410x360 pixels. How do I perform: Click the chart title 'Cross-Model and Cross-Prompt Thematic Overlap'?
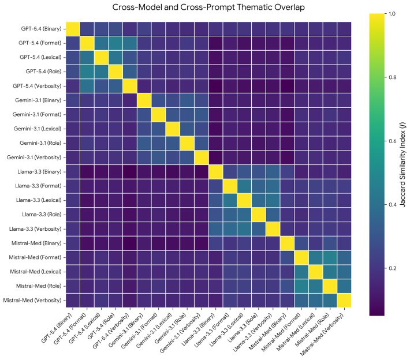(208, 7)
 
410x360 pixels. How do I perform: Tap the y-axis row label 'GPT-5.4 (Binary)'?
(41, 29)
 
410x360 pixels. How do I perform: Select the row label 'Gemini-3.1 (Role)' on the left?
(40, 143)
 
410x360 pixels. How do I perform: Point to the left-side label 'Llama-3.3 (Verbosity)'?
(35, 229)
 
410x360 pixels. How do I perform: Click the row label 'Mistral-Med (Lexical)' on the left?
(36, 272)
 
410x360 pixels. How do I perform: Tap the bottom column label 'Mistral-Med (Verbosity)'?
(322, 335)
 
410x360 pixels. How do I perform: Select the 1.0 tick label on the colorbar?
(392, 14)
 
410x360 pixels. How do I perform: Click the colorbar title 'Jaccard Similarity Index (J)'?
(403, 164)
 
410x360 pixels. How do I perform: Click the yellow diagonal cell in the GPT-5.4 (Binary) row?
(73, 29)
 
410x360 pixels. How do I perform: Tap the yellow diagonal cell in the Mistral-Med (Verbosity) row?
(344, 301)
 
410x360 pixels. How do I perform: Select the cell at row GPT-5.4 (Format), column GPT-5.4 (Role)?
(115, 43)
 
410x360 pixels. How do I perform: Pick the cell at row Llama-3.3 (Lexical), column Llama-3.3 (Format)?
(230, 200)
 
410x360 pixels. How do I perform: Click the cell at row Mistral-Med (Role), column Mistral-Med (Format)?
(301, 286)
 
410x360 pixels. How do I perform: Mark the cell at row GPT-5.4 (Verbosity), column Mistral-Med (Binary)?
(287, 86)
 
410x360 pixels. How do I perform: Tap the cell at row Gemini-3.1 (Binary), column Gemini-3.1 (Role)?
(187, 100)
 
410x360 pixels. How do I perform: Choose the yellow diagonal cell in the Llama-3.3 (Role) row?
(258, 215)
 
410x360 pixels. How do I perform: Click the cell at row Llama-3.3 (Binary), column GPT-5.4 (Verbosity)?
(130, 172)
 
